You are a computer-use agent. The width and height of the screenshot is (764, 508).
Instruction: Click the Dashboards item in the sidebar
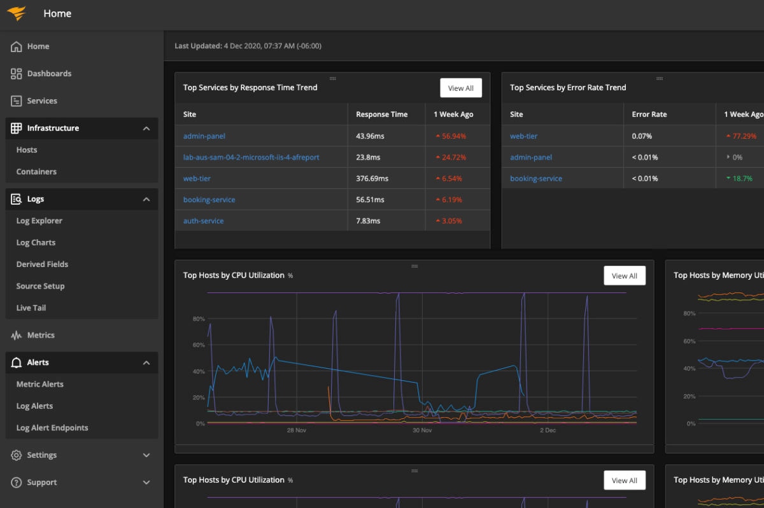[49, 74]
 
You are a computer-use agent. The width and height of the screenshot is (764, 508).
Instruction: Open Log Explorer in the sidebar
[39, 221]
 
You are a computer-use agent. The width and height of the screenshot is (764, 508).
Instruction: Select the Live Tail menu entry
[31, 308]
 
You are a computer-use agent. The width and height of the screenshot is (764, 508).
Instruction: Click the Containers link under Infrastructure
[36, 172]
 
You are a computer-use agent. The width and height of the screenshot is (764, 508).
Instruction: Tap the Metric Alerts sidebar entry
[40, 384]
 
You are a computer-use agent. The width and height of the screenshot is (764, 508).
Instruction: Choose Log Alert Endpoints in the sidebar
[52, 428]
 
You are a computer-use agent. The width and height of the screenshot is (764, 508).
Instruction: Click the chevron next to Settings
[146, 455]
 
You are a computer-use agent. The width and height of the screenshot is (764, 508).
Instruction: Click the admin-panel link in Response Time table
[204, 136]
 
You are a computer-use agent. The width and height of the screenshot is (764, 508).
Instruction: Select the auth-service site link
[204, 221]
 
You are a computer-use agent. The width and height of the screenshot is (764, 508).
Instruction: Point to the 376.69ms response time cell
[372, 179]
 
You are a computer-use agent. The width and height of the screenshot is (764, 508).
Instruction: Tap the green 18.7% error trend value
[742, 179]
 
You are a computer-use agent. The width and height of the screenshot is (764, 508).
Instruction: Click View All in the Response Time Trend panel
[460, 88]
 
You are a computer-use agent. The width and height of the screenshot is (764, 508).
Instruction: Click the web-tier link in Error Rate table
[524, 136]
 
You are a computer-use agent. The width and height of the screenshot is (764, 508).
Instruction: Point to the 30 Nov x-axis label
[422, 430]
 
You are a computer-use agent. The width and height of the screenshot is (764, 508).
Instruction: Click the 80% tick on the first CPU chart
[199, 319]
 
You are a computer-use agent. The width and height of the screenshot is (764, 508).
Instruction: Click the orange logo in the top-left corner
[17, 14]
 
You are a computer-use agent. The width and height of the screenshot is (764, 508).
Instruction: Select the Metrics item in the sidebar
[41, 335]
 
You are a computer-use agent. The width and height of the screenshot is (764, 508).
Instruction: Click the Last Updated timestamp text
[248, 46]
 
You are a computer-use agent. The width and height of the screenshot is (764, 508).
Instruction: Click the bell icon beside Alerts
[17, 362]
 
